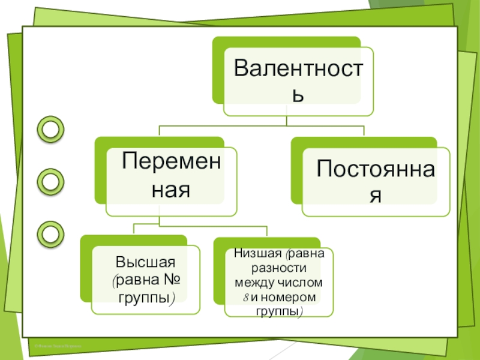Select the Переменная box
click(x=172, y=178)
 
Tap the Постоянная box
click(x=375, y=181)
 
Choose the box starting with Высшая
click(x=145, y=280)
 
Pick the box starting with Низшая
click(x=278, y=282)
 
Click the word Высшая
click(x=145, y=262)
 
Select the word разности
click(x=279, y=268)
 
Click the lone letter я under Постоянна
click(x=376, y=196)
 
